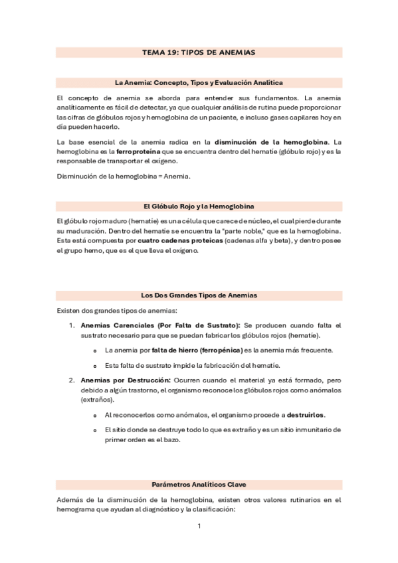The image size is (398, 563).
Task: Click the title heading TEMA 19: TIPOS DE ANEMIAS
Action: (x=199, y=52)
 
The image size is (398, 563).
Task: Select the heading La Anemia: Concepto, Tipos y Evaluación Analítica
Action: (x=199, y=83)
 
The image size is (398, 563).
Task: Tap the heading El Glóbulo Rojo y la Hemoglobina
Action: (x=199, y=206)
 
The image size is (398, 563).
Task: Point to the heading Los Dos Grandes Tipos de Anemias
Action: (x=199, y=295)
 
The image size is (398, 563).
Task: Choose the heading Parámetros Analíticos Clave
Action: (x=199, y=484)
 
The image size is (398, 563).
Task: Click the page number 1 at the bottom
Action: (x=199, y=526)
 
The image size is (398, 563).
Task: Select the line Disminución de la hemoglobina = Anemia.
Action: (x=124, y=176)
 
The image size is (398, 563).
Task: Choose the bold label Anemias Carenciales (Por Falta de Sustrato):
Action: (x=160, y=325)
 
